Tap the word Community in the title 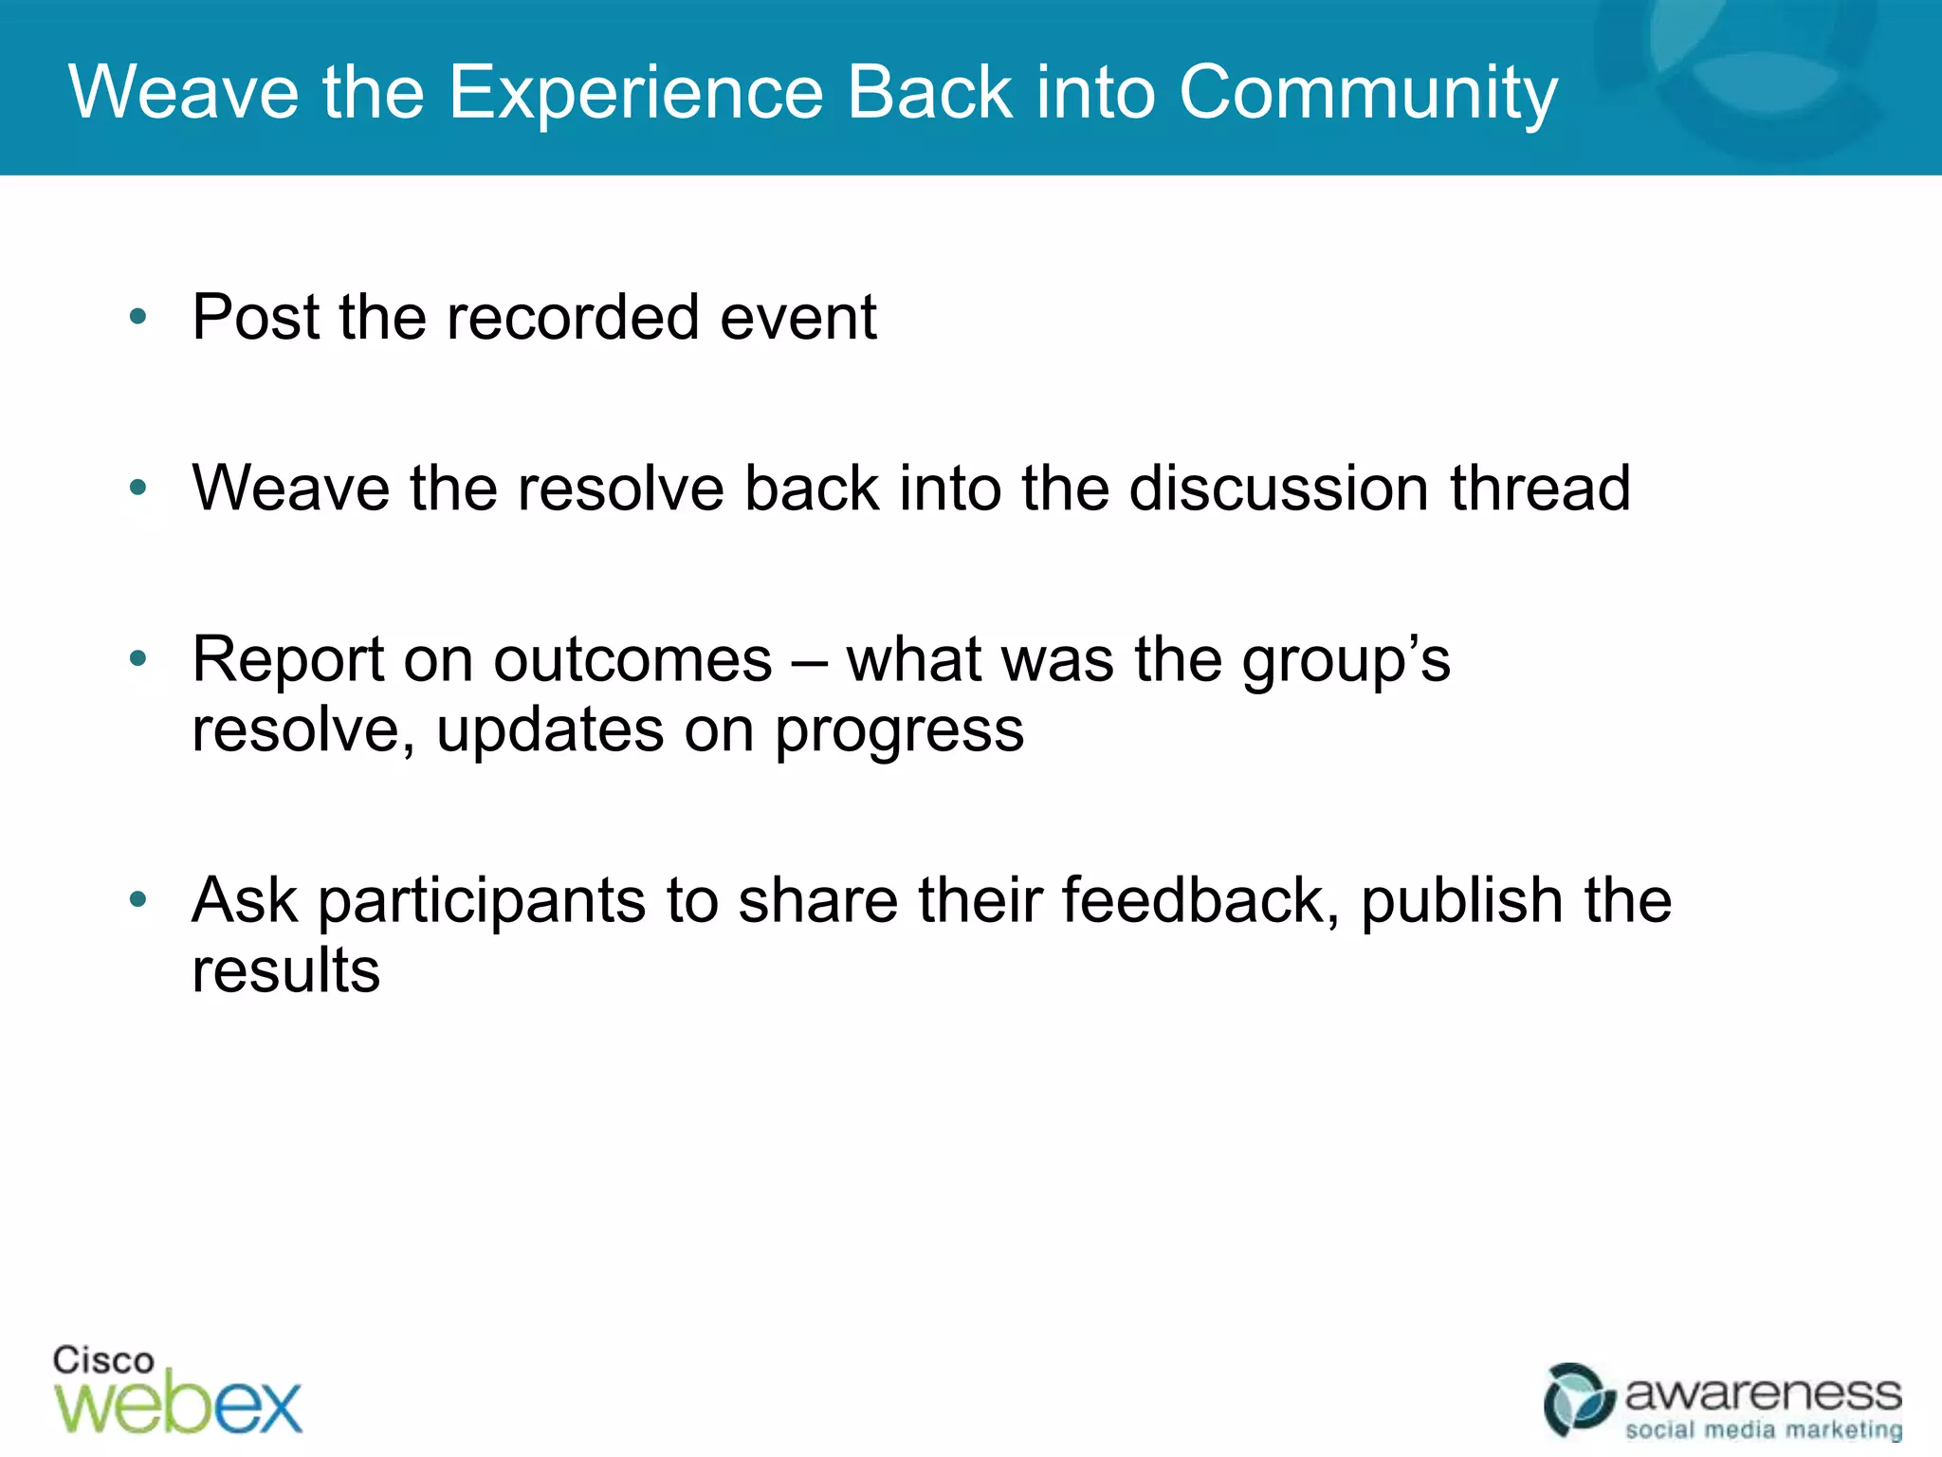click(1367, 92)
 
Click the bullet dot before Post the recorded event click(138, 317)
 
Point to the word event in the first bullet click(797, 317)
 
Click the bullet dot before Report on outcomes click(138, 658)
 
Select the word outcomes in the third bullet click(632, 659)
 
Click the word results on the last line click(285, 970)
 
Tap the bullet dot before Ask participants click(138, 899)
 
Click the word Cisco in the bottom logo click(102, 1360)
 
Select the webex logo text click(178, 1404)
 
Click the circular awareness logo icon click(1578, 1400)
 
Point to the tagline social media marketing click(1763, 1429)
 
